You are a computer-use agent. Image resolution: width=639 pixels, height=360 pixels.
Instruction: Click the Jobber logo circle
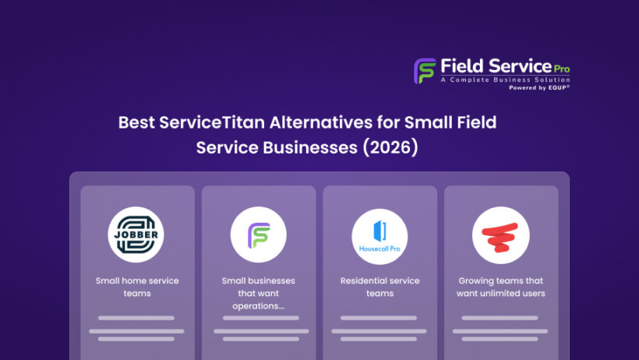coord(136,235)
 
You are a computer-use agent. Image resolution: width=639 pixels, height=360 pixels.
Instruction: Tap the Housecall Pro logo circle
coord(380,235)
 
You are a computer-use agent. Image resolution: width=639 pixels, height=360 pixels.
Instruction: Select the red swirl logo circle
coord(500,235)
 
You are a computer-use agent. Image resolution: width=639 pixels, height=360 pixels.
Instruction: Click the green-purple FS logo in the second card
coord(258,235)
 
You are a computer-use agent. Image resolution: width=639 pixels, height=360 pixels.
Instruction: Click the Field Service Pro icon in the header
coord(425,71)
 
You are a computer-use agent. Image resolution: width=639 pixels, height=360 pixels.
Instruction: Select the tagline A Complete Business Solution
coord(505,79)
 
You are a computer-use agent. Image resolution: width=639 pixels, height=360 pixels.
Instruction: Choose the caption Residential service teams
coord(380,287)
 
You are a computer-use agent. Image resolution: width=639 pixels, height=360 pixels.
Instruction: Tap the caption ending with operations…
coord(258,293)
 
